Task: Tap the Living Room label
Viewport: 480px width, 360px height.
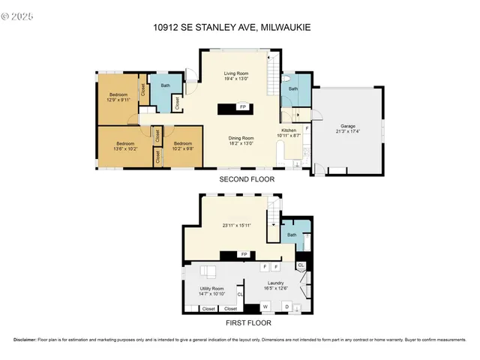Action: (x=236, y=73)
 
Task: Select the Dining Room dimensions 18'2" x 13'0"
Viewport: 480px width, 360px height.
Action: (x=241, y=142)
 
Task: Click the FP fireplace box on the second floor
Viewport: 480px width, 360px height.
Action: (x=243, y=107)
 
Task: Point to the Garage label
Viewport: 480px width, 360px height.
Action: (x=347, y=125)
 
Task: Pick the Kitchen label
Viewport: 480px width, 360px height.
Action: (x=289, y=130)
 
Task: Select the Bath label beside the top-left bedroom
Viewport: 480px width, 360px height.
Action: (x=165, y=85)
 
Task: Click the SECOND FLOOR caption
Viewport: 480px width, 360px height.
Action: (x=247, y=180)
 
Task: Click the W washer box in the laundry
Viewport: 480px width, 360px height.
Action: (x=265, y=306)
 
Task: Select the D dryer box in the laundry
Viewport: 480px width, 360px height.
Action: (x=287, y=306)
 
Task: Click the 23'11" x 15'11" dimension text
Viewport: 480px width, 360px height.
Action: (x=237, y=225)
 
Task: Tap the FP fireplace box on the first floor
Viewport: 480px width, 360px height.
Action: (x=243, y=255)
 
